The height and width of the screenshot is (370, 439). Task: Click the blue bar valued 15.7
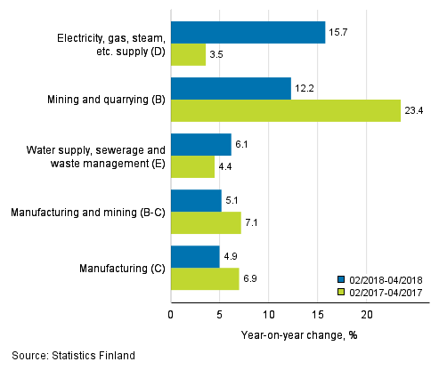[248, 33]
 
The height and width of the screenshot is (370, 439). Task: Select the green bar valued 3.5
[188, 55]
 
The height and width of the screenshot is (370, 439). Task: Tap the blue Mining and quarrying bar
[231, 89]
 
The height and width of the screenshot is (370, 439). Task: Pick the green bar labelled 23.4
[286, 111]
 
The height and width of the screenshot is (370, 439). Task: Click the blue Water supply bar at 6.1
[200, 145]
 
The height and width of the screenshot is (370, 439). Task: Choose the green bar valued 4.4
[192, 167]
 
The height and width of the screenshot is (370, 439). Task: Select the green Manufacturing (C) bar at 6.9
[205, 279]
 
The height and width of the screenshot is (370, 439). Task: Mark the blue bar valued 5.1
[196, 201]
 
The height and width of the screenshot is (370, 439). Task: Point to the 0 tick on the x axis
[171, 314]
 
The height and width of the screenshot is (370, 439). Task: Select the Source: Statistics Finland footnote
[74, 356]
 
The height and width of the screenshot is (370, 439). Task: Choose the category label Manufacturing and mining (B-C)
[85, 213]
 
